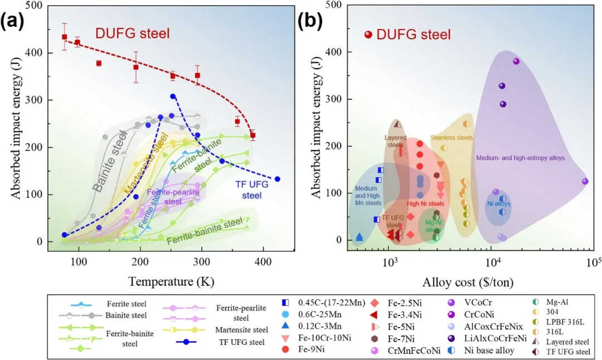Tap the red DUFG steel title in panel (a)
pyautogui.click(x=132, y=33)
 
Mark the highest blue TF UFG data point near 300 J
pyautogui.click(x=173, y=96)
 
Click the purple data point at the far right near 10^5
pyautogui.click(x=585, y=181)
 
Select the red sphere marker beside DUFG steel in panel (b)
pyautogui.click(x=368, y=35)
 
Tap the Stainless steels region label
pyautogui.click(x=452, y=137)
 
